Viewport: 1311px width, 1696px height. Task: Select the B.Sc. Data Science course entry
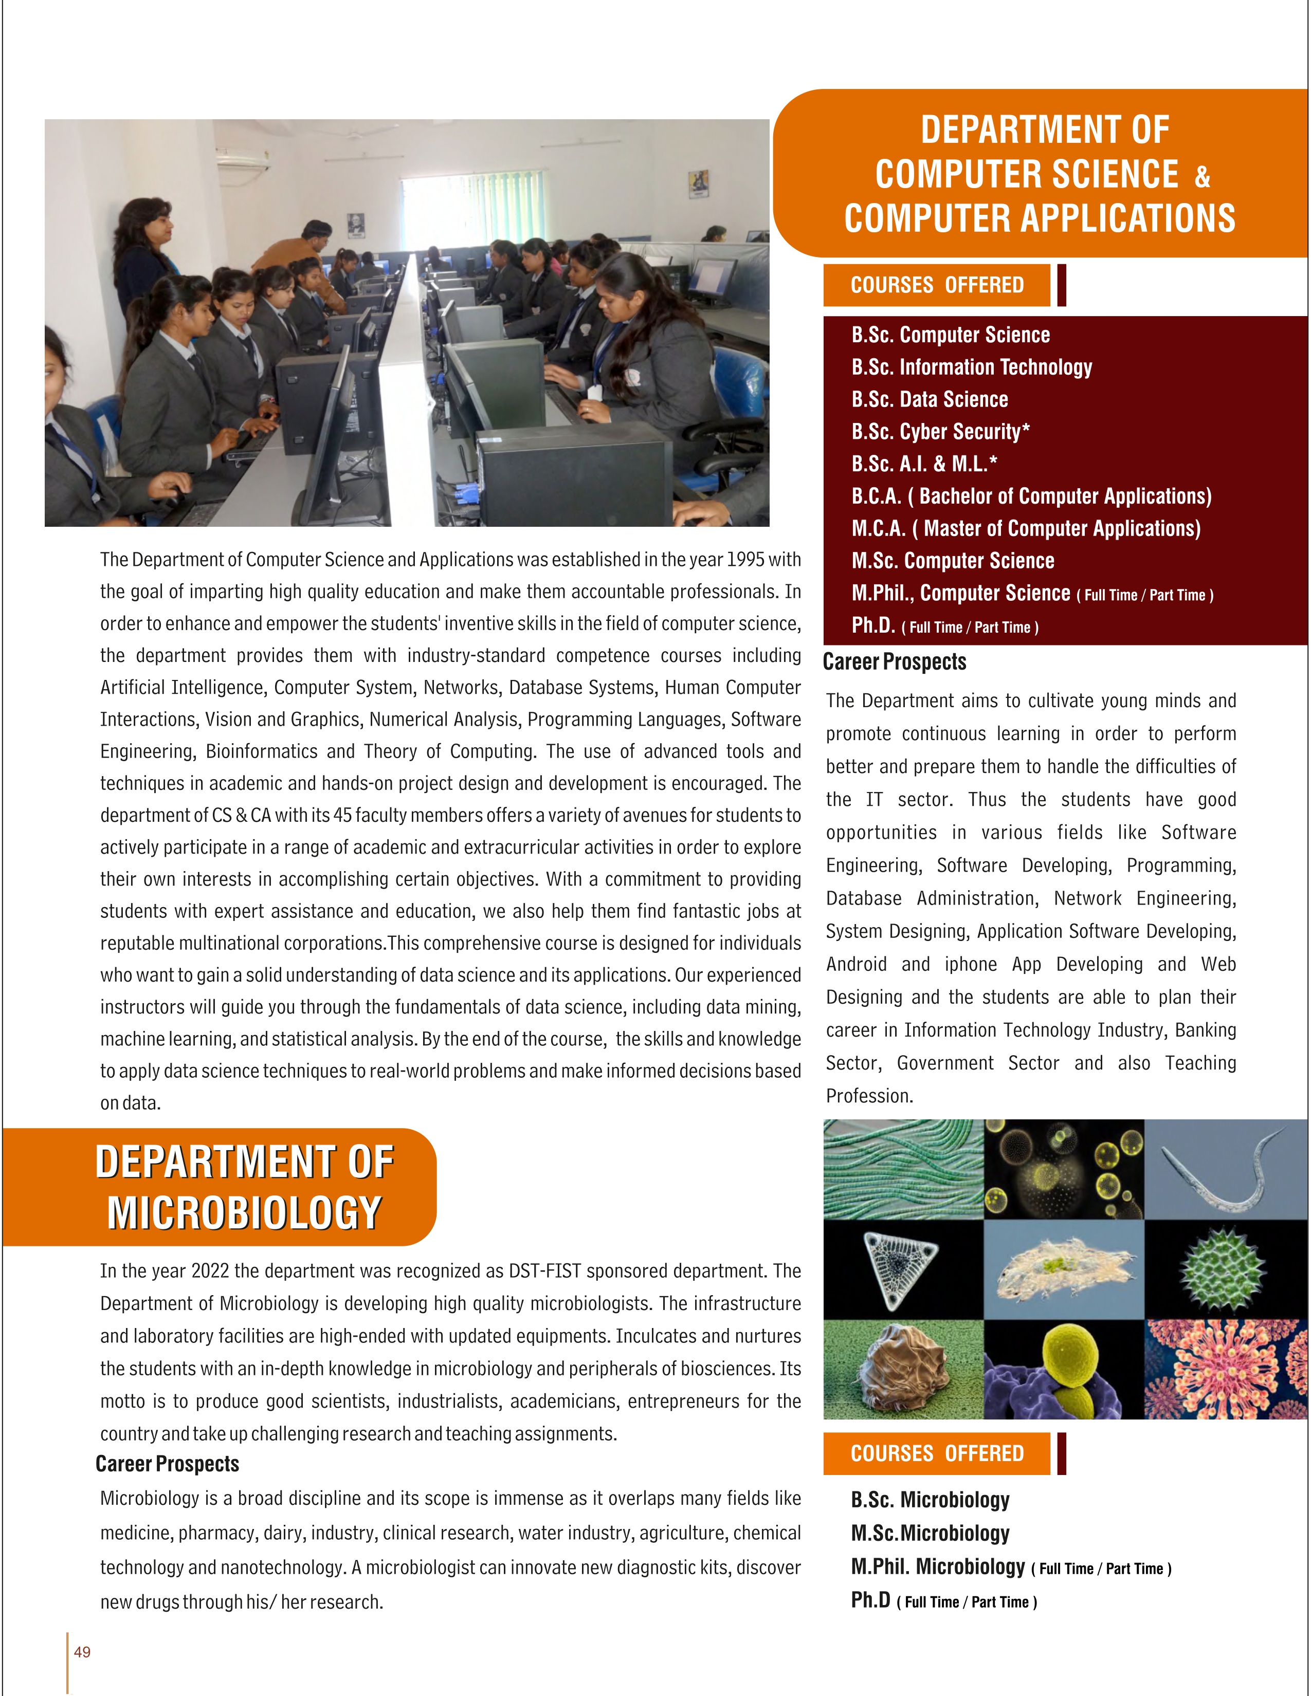point(929,399)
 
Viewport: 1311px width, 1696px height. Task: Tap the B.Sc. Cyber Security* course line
point(940,432)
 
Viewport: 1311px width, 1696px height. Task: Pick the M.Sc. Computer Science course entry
point(952,561)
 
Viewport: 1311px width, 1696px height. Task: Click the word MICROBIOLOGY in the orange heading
point(245,1213)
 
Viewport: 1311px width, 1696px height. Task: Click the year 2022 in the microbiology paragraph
point(210,1271)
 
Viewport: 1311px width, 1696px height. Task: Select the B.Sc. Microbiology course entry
point(930,1500)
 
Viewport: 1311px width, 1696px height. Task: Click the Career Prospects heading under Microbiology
point(167,1464)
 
